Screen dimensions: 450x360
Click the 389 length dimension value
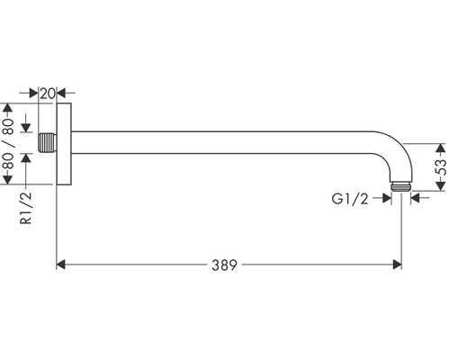pyautogui.click(x=224, y=265)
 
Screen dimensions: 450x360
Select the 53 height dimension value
pyautogui.click(x=440, y=166)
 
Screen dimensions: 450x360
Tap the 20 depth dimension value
pyautogui.click(x=48, y=94)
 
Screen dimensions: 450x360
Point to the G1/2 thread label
pyautogui.click(x=350, y=199)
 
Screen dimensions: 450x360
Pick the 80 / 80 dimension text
pyautogui.click(x=8, y=143)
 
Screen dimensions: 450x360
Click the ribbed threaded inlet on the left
pyautogui.click(x=48, y=142)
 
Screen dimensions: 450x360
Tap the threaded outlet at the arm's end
pyautogui.click(x=401, y=186)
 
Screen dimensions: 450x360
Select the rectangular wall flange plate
pyautogui.click(x=64, y=143)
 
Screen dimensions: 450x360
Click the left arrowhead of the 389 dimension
pyautogui.click(x=61, y=265)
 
